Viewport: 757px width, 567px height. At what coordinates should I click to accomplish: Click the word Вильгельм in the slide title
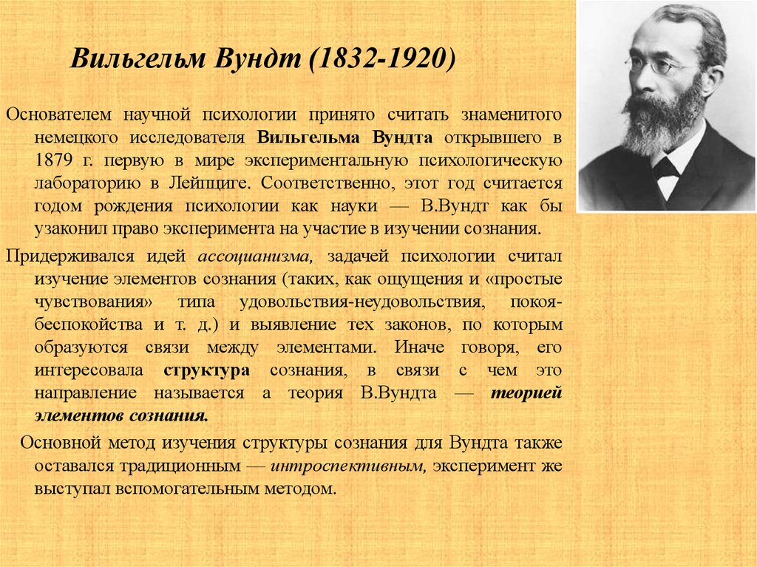pos(138,58)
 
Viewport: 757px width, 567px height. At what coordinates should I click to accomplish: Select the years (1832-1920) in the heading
pos(381,58)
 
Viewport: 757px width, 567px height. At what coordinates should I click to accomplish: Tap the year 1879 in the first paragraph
pos(53,160)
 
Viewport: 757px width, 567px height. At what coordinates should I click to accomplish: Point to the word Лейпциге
pos(209,183)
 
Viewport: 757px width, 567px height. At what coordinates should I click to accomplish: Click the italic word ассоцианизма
pos(255,257)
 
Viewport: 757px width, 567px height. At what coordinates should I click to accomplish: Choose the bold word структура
pos(207,371)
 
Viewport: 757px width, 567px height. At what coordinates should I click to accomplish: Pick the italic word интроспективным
pos(347,466)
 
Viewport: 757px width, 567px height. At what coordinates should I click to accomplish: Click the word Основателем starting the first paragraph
pos(58,115)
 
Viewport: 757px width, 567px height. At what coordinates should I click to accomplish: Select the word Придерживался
pos(70,257)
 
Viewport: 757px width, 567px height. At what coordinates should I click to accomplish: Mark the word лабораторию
pos(87,183)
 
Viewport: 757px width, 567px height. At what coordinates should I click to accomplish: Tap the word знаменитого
pos(512,115)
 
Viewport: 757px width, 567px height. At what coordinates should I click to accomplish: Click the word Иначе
pos(419,347)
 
